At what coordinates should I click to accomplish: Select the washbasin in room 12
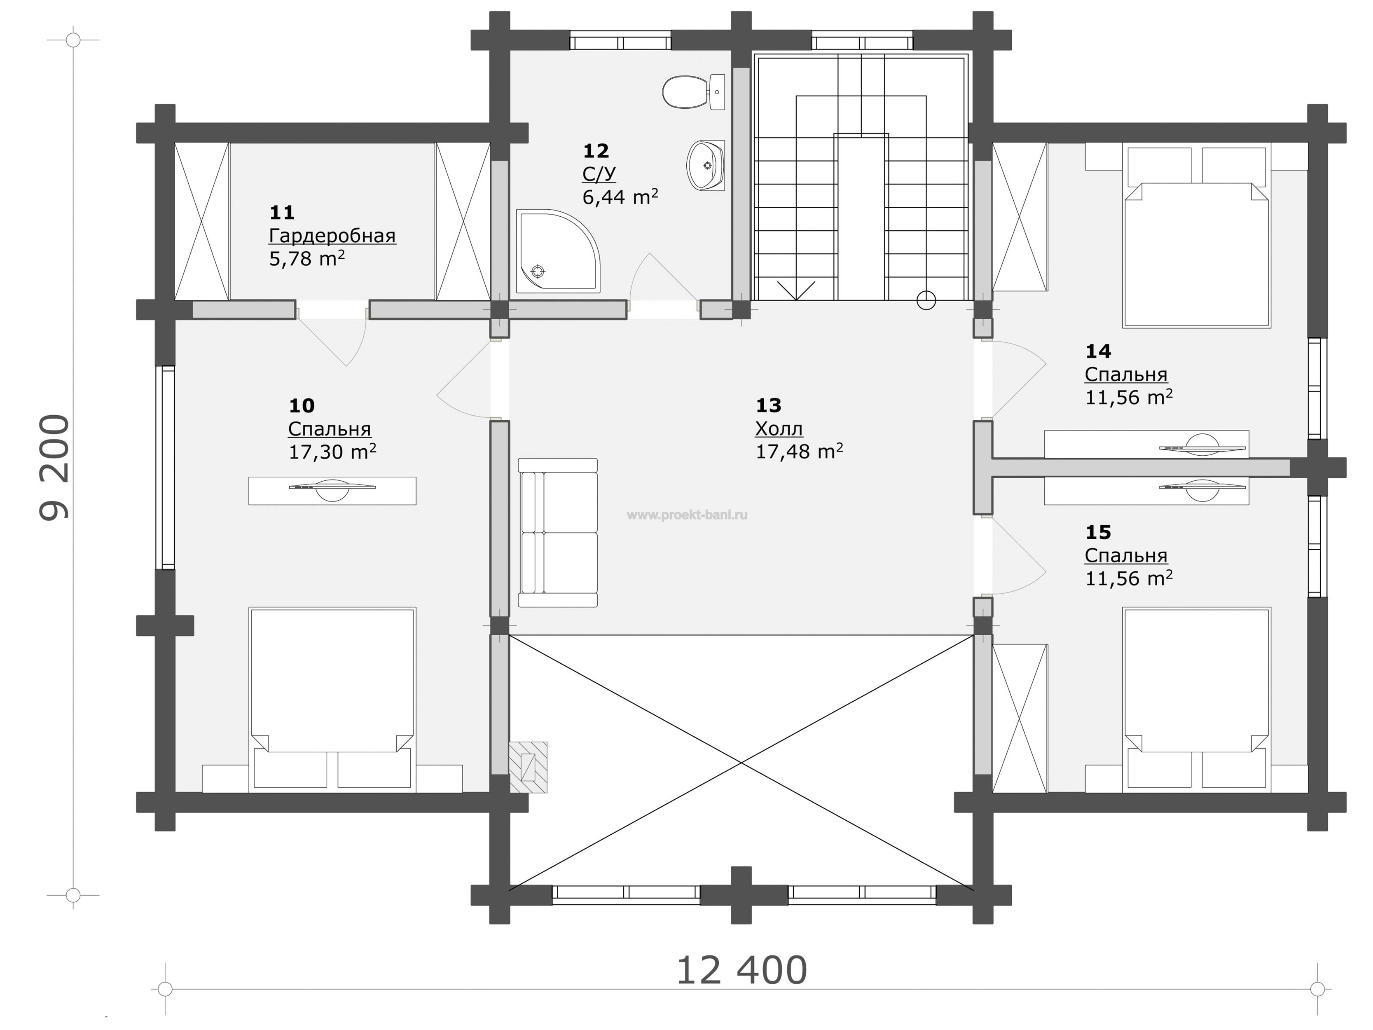tap(706, 165)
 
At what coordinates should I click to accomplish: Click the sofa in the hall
tap(557, 533)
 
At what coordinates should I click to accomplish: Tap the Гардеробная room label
tap(332, 236)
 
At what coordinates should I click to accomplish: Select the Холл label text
tap(779, 428)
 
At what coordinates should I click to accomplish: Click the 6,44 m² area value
tap(620, 197)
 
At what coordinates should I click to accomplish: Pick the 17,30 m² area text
tap(332, 452)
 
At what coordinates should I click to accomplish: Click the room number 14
tap(1098, 351)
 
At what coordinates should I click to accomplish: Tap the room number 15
tap(1098, 532)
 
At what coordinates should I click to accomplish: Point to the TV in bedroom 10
tap(332, 490)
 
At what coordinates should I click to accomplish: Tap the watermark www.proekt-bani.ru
tap(687, 515)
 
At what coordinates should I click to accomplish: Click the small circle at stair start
tap(926, 300)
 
